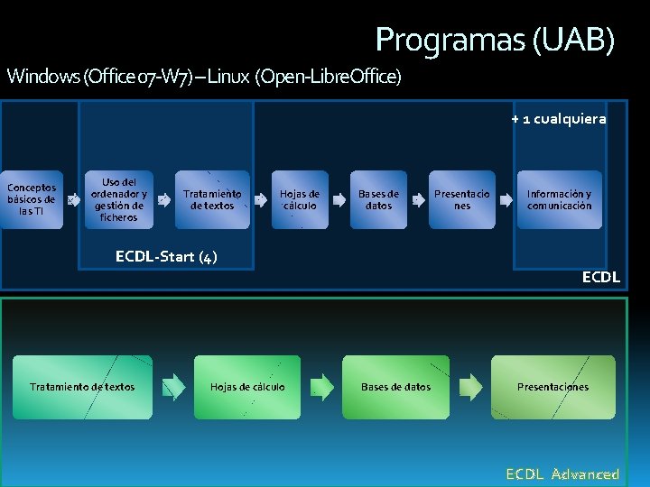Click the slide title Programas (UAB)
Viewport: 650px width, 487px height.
(x=495, y=40)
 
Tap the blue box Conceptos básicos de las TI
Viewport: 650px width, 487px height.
(x=32, y=199)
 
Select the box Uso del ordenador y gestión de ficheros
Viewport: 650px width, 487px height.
(x=119, y=199)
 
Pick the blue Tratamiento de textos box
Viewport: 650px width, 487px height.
(x=212, y=199)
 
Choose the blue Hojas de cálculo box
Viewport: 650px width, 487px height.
(x=299, y=199)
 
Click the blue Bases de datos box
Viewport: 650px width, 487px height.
(x=378, y=199)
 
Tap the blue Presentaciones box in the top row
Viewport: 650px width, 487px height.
(x=462, y=199)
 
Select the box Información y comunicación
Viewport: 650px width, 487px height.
(x=559, y=199)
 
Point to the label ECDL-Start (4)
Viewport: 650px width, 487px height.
(x=166, y=257)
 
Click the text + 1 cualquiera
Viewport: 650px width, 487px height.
(x=558, y=118)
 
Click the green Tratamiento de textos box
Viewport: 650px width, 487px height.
(x=82, y=387)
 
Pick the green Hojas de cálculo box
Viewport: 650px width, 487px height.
(x=247, y=387)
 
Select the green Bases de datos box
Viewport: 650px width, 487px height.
(x=395, y=387)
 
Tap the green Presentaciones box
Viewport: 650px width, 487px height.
(x=552, y=387)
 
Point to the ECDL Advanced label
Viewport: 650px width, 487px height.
(x=562, y=473)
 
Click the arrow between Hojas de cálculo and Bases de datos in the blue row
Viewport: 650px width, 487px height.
(x=339, y=200)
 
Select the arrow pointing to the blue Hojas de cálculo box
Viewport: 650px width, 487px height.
(x=260, y=200)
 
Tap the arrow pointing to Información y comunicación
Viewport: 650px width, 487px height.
(x=504, y=200)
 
